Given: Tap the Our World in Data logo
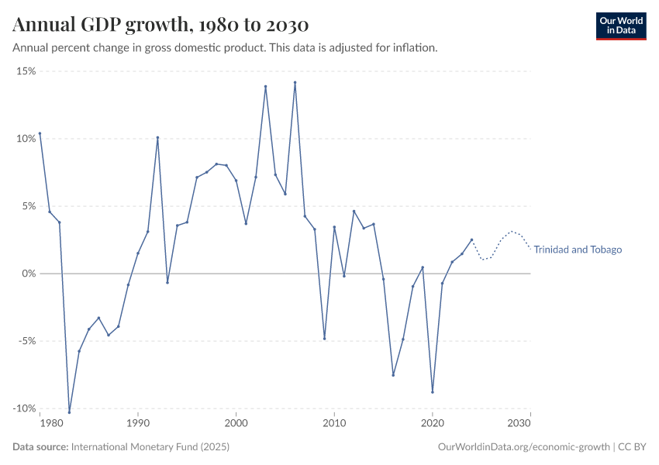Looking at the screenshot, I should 620,26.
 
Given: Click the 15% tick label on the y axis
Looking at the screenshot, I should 26,71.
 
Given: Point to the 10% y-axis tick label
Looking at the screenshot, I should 26,139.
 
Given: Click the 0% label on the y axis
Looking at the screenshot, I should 29,274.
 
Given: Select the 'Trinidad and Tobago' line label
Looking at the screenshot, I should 578,250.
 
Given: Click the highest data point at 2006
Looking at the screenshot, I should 295,82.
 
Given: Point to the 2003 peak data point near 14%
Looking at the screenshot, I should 265,87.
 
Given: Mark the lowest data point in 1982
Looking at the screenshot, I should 69,412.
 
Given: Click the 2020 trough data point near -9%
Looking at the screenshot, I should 433,392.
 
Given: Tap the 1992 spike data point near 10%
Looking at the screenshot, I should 157,138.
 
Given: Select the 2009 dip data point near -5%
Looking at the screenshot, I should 324,338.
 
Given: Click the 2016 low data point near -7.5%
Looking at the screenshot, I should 393,375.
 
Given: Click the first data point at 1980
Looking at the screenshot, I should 40,133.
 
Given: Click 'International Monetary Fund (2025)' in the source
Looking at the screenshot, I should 150,447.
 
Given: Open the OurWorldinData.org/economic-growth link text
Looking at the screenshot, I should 524,447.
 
